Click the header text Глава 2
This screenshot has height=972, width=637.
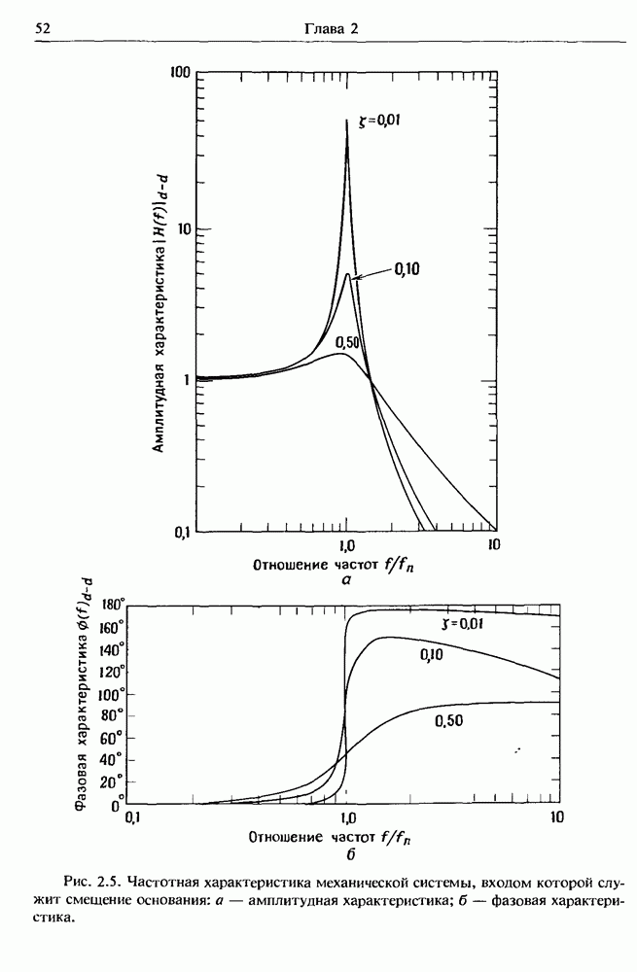(x=332, y=29)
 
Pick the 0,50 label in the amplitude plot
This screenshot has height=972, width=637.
(x=347, y=341)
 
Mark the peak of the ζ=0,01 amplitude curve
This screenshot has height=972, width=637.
(x=347, y=121)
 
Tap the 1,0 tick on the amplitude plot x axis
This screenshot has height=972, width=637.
(x=347, y=544)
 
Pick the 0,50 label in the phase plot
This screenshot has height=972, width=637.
(x=450, y=720)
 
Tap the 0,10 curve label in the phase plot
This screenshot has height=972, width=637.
(x=433, y=657)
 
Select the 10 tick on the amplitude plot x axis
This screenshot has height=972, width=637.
(x=493, y=544)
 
